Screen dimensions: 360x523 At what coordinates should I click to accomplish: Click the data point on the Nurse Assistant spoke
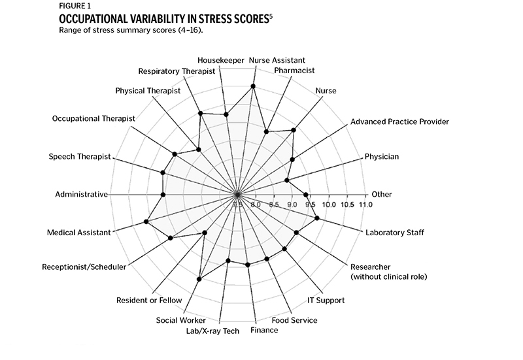coord(253,86)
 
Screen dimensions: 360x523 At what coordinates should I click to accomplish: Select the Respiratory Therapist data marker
coord(201,114)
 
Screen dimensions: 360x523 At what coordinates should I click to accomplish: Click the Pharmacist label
coord(294,70)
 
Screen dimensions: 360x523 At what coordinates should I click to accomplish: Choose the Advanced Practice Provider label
coord(399,121)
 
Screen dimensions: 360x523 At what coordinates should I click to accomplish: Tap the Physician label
coord(381,156)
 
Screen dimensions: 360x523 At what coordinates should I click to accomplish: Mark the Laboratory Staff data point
coord(317,218)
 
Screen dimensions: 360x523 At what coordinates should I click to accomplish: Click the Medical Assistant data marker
coord(146,222)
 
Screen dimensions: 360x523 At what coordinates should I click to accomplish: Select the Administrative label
coord(81,194)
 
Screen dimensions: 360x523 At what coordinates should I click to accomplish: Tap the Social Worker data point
coord(199,279)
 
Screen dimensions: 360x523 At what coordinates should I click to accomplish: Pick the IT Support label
coord(326,300)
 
